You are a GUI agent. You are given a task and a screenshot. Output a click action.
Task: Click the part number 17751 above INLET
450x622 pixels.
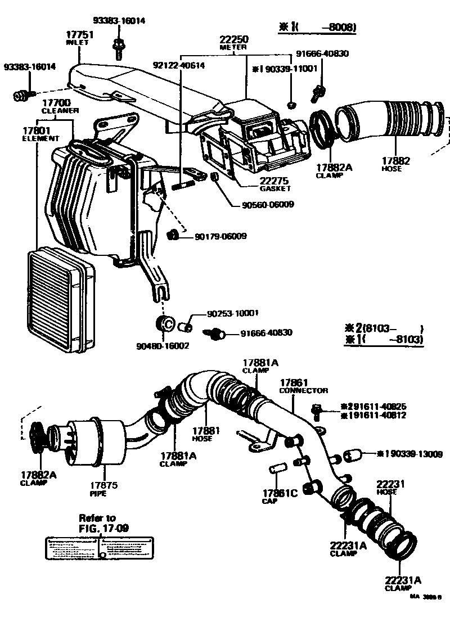coord(80,34)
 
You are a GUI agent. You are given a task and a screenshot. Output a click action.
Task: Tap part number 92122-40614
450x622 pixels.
coord(179,65)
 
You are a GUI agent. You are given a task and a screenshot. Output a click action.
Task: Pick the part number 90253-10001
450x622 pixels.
coord(228,314)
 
